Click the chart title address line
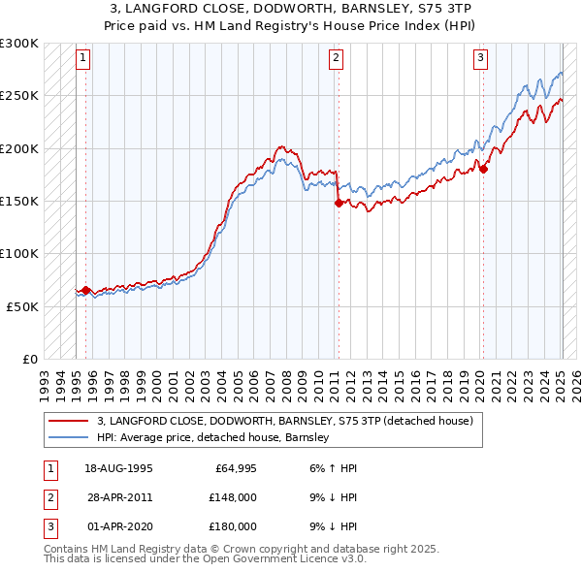(x=291, y=9)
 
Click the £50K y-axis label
(x=22, y=305)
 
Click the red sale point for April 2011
(x=339, y=204)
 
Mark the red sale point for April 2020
(x=483, y=170)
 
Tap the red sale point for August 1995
(x=85, y=290)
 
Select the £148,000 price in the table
(x=233, y=497)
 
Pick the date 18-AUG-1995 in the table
(x=118, y=468)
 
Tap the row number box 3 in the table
(x=49, y=526)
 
